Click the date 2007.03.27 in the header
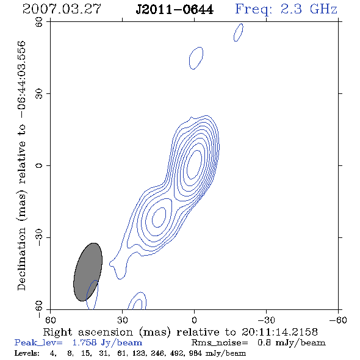[62, 9]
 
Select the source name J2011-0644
[175, 10]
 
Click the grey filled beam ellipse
[88, 272]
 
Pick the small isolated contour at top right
[239, 32]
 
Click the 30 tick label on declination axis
[39, 94]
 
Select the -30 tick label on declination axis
[39, 237]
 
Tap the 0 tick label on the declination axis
[39, 165]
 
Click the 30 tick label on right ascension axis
[123, 320]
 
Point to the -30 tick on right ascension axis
[266, 320]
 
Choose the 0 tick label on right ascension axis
[194, 320]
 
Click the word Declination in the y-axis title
[21, 259]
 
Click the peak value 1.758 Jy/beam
[107, 343]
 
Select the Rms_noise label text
[220, 343]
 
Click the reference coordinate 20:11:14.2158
[279, 332]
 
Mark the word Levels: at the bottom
[27, 353]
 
